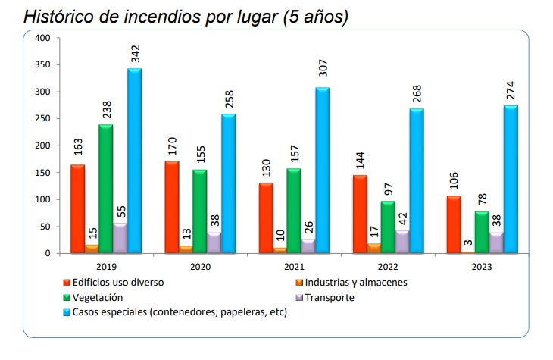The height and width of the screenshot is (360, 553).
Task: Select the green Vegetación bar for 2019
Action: pyautogui.click(x=105, y=189)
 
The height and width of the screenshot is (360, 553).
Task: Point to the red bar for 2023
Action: pyautogui.click(x=454, y=224)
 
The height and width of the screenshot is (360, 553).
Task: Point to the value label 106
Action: pyautogui.click(x=454, y=180)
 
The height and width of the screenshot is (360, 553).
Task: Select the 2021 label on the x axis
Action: pyautogui.click(x=295, y=267)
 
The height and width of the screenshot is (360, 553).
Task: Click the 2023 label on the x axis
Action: pyautogui.click(x=482, y=267)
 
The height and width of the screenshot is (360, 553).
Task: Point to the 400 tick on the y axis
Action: pyautogui.click(x=42, y=38)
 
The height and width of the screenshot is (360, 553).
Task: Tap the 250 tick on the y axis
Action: pyautogui.click(x=42, y=119)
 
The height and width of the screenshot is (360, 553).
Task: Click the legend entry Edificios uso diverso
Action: pyautogui.click(x=117, y=283)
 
